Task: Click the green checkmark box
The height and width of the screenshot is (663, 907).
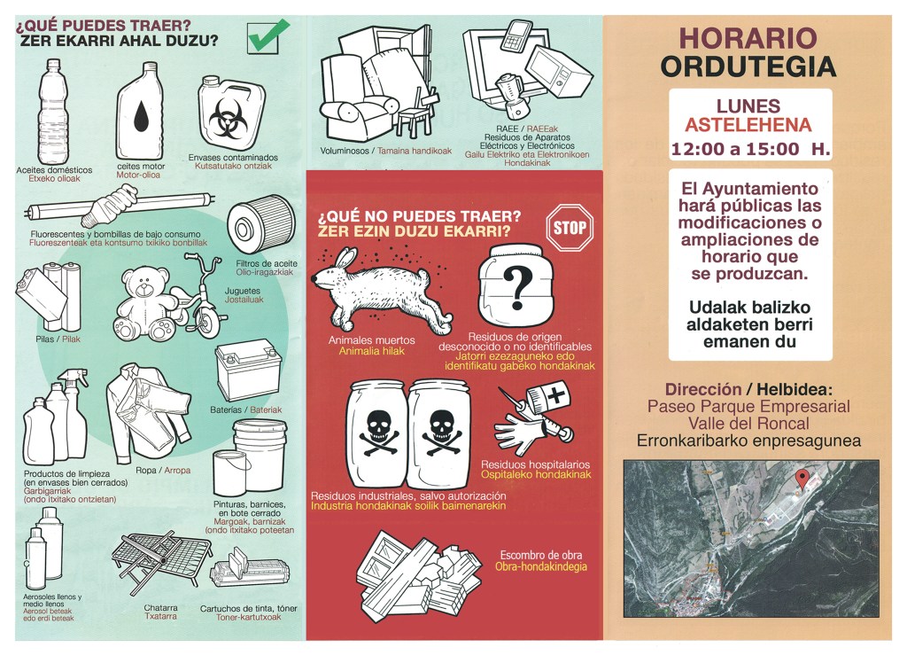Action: tap(267, 36)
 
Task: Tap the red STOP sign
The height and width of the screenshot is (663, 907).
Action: tap(570, 228)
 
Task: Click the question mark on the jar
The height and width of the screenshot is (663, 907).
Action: tap(517, 287)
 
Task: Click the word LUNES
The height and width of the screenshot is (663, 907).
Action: tap(748, 106)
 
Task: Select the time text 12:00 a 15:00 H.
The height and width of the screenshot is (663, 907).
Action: tap(750, 149)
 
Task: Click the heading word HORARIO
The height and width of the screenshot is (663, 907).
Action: tap(748, 38)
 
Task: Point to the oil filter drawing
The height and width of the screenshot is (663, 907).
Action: tap(261, 224)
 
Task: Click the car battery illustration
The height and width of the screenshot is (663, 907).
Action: tap(249, 370)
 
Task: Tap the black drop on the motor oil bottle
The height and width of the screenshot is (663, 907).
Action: tap(141, 116)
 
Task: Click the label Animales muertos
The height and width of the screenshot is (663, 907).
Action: tap(372, 340)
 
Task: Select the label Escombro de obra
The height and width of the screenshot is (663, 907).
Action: tap(541, 555)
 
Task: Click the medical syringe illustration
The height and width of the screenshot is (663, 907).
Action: tap(534, 411)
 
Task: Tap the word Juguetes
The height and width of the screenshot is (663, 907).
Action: tap(243, 291)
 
